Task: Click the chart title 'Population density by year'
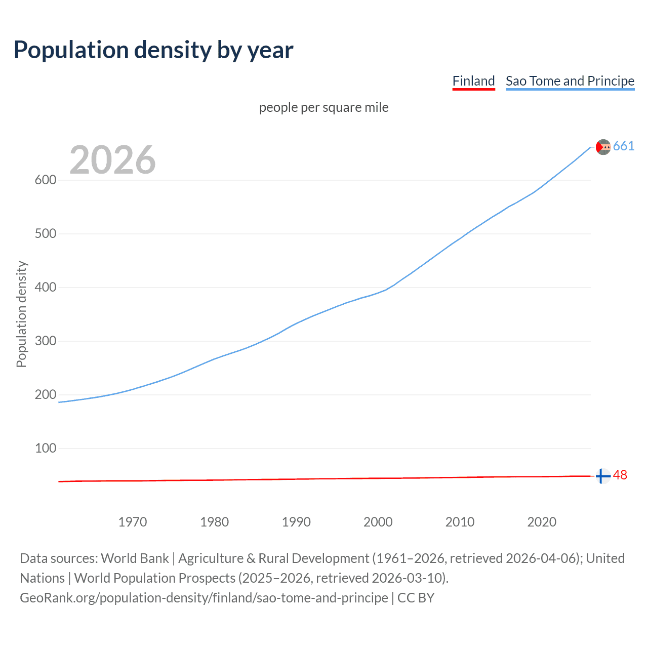click(x=153, y=50)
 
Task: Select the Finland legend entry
click(x=473, y=81)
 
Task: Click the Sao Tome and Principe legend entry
click(x=570, y=81)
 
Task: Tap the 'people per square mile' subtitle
click(x=323, y=107)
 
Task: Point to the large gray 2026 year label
click(x=112, y=160)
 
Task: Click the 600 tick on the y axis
click(x=46, y=180)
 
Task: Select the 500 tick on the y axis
click(x=46, y=234)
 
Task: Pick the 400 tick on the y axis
click(x=46, y=288)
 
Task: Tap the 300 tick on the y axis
click(x=46, y=341)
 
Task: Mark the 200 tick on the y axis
click(x=46, y=395)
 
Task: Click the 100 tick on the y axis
click(x=46, y=449)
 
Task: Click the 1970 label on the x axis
click(x=133, y=522)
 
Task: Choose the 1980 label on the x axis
click(x=215, y=522)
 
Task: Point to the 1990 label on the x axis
click(x=296, y=522)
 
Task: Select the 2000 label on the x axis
click(x=378, y=522)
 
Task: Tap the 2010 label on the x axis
click(x=460, y=522)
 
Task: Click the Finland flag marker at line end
click(x=602, y=476)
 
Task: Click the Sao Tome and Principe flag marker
click(x=603, y=147)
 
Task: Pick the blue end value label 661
click(x=624, y=146)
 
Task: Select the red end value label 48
click(x=620, y=475)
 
